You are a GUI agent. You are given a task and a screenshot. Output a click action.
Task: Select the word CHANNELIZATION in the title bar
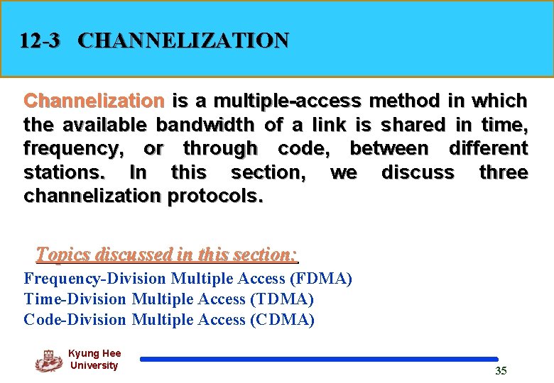183,40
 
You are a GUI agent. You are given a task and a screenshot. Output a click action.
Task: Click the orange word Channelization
94,101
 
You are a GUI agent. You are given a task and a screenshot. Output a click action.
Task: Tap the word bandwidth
205,125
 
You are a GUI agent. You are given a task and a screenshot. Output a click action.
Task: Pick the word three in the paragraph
503,172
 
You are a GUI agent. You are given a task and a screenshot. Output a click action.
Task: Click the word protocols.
215,196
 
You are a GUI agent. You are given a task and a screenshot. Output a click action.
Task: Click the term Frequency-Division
95,279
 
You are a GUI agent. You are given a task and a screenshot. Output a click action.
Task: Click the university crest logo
48,360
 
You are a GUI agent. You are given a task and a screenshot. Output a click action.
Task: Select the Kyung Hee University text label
94,360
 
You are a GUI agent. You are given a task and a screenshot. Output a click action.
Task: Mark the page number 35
501,371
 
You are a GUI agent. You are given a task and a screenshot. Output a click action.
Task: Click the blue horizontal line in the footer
319,360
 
